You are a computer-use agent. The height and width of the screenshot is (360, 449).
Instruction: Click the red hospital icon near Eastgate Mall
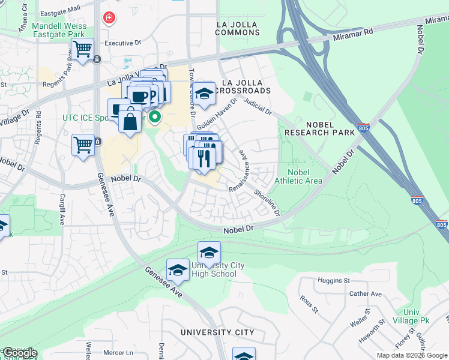(x=109, y=18)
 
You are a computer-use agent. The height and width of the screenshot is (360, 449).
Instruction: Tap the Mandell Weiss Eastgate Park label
(x=59, y=31)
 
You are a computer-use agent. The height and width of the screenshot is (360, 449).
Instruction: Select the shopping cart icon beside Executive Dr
(x=82, y=49)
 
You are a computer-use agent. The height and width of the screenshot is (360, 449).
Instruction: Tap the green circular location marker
(x=155, y=116)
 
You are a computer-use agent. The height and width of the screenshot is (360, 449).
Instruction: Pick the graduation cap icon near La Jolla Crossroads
(x=204, y=93)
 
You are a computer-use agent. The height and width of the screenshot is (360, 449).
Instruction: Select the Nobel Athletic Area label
(x=298, y=176)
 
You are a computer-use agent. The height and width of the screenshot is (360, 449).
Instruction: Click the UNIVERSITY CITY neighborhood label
(x=217, y=332)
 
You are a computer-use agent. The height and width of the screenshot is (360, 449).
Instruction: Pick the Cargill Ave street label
(x=62, y=209)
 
